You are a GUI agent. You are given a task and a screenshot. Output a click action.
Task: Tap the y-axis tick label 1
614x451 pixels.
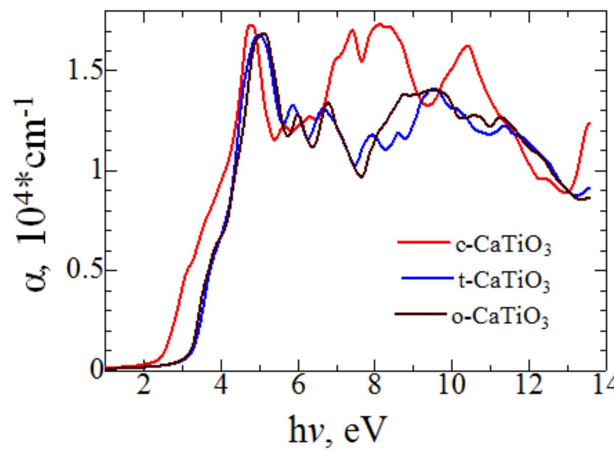click(x=91, y=171)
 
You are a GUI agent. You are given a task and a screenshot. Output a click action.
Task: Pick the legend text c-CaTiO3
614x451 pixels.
click(x=500, y=249)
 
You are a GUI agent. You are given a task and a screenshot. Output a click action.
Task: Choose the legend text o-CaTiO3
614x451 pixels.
click(x=500, y=316)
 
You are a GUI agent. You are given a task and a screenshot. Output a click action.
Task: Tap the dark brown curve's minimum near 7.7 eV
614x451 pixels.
click(x=361, y=177)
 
